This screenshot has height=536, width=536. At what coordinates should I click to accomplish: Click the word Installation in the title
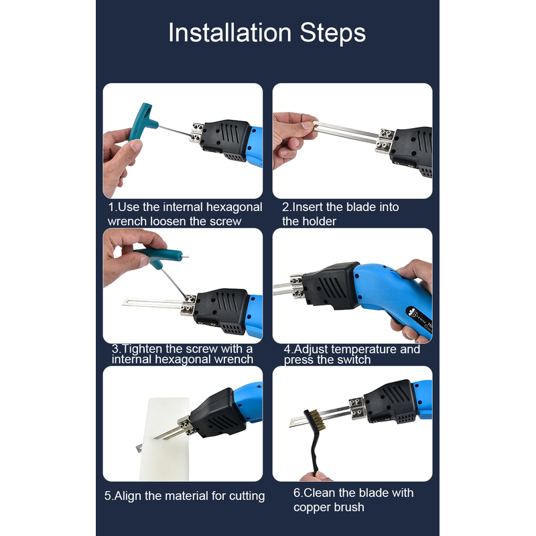[230, 33]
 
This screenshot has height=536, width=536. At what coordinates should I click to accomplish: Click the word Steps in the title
[332, 33]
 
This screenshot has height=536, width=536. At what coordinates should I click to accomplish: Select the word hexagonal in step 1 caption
[234, 207]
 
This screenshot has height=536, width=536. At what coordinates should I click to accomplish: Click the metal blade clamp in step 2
[385, 140]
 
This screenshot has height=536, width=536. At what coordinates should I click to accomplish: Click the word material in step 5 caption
[183, 496]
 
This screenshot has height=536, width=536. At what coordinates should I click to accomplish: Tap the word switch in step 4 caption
[355, 360]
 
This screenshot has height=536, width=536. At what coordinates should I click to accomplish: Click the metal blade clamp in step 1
[196, 131]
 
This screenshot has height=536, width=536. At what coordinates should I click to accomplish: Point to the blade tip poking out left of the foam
[139, 448]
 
